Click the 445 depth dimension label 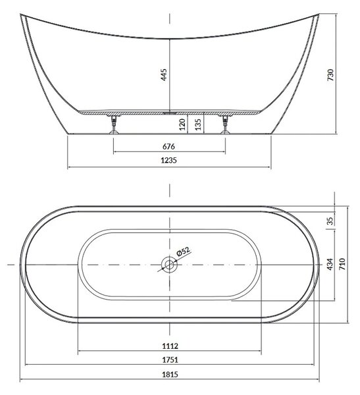pyautogui.click(x=164, y=74)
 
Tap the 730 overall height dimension pyautogui.click(x=330, y=74)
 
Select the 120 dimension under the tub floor pyautogui.click(x=182, y=124)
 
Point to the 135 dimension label pyautogui.click(x=198, y=124)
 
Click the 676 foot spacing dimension pyautogui.click(x=168, y=146)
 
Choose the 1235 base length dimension pyautogui.click(x=168, y=160)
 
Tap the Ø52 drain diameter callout pyautogui.click(x=184, y=251)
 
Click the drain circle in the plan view pyautogui.click(x=169, y=265)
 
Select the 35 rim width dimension pyautogui.click(x=330, y=221)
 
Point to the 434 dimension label pyautogui.click(x=330, y=264)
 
